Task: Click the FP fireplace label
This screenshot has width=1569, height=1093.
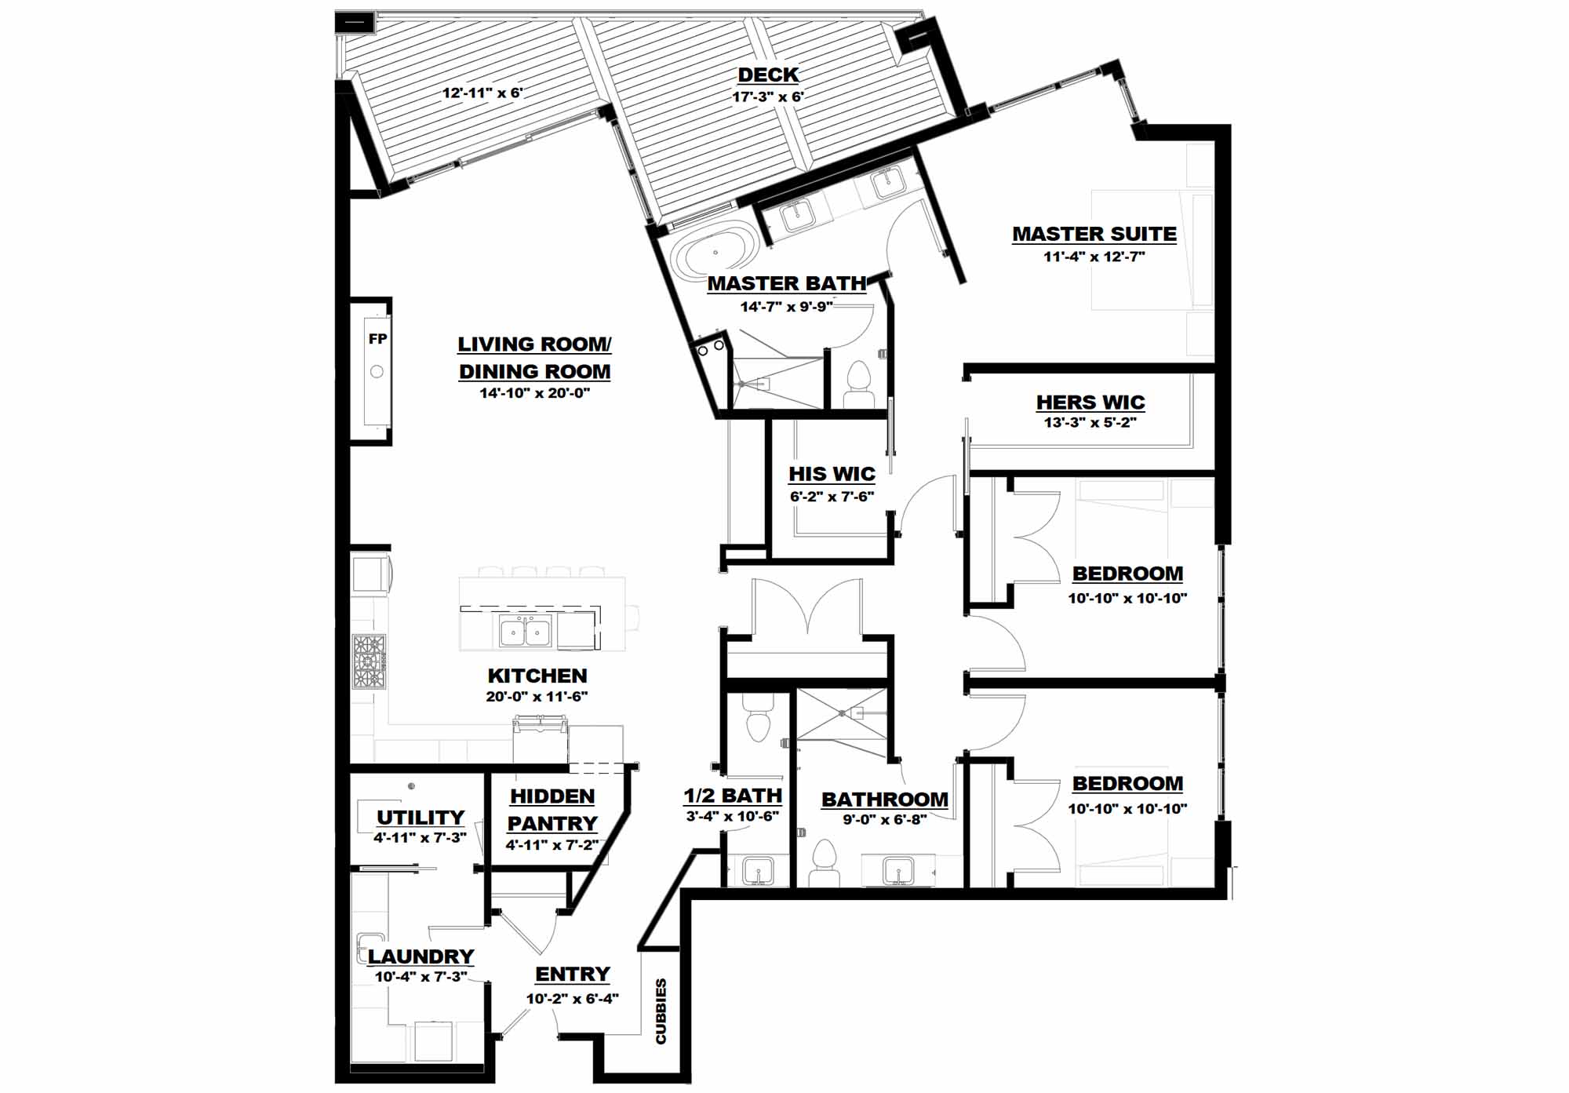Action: coord(377,339)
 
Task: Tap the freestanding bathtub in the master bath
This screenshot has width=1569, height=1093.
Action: coord(716,253)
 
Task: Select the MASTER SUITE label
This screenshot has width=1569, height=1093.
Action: coord(1094,234)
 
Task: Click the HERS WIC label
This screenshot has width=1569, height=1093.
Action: coord(1090,403)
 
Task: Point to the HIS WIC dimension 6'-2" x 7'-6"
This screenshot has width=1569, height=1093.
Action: coord(832,497)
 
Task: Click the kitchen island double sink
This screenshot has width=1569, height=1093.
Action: coord(526,631)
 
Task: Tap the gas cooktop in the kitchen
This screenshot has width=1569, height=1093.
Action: coord(369,661)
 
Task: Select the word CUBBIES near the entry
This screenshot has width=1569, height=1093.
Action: coord(661,1011)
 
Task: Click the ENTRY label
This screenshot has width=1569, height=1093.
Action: coord(572,975)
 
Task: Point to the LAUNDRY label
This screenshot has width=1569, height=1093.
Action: coord(421,956)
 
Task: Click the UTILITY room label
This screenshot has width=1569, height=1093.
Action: coord(420,818)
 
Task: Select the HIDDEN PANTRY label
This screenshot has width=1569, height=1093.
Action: coord(552,810)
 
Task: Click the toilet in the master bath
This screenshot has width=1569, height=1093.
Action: coord(860,384)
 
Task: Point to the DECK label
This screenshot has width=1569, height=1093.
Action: coord(768,75)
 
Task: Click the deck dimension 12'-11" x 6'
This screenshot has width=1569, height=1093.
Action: coord(482,93)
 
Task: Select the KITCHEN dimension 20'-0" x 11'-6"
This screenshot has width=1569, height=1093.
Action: coord(537,697)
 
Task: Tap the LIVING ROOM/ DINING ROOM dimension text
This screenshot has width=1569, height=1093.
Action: coord(534,393)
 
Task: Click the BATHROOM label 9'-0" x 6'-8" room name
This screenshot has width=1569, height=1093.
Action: coord(885,800)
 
